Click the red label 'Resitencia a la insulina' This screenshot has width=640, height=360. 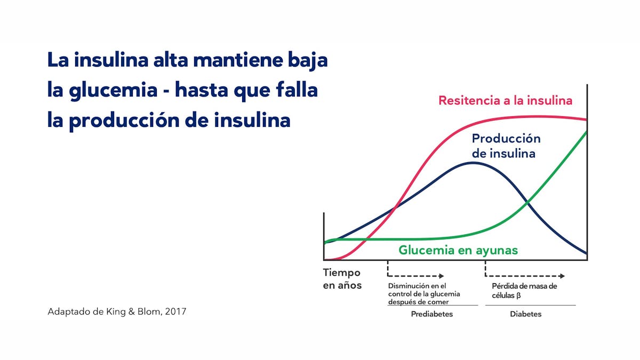(x=505, y=100)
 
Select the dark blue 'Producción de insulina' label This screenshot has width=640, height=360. (x=506, y=146)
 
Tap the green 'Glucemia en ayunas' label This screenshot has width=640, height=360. (x=458, y=250)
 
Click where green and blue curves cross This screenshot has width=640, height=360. (x=527, y=202)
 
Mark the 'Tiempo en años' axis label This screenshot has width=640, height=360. (x=342, y=278)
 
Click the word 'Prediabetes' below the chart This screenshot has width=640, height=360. (x=431, y=314)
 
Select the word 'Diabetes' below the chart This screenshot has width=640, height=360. (x=525, y=314)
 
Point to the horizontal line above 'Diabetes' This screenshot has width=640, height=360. (x=530, y=305)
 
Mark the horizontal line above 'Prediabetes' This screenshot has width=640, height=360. (x=433, y=305)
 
